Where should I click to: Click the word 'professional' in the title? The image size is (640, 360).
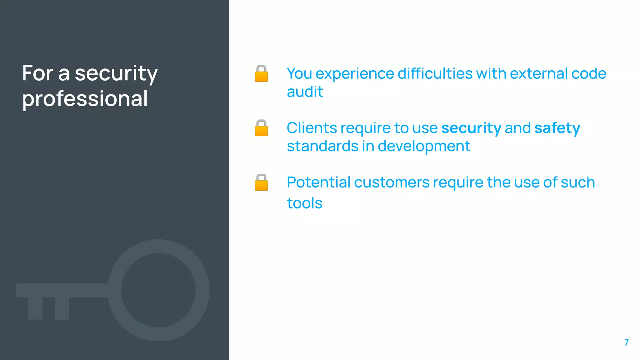(85, 99)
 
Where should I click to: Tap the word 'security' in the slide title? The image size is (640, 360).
(116, 74)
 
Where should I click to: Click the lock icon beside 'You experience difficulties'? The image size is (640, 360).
(261, 74)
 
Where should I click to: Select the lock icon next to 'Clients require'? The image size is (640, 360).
(261, 128)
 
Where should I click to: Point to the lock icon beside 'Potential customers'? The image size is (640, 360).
(261, 182)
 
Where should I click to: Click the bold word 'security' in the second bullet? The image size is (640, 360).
(471, 128)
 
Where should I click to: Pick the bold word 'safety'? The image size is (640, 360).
(557, 128)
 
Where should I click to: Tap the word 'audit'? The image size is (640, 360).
(305, 92)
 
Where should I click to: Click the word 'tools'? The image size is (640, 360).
(304, 203)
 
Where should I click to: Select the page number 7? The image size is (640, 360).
(626, 342)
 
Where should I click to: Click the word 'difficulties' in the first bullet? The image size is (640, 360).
(435, 74)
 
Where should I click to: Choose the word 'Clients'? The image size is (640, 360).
(312, 128)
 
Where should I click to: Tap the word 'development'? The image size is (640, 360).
(424, 146)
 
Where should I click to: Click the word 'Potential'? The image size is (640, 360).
(319, 182)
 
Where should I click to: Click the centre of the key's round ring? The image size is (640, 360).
(158, 290)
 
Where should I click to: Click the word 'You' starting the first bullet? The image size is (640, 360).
(299, 74)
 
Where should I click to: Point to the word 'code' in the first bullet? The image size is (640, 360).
(589, 74)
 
